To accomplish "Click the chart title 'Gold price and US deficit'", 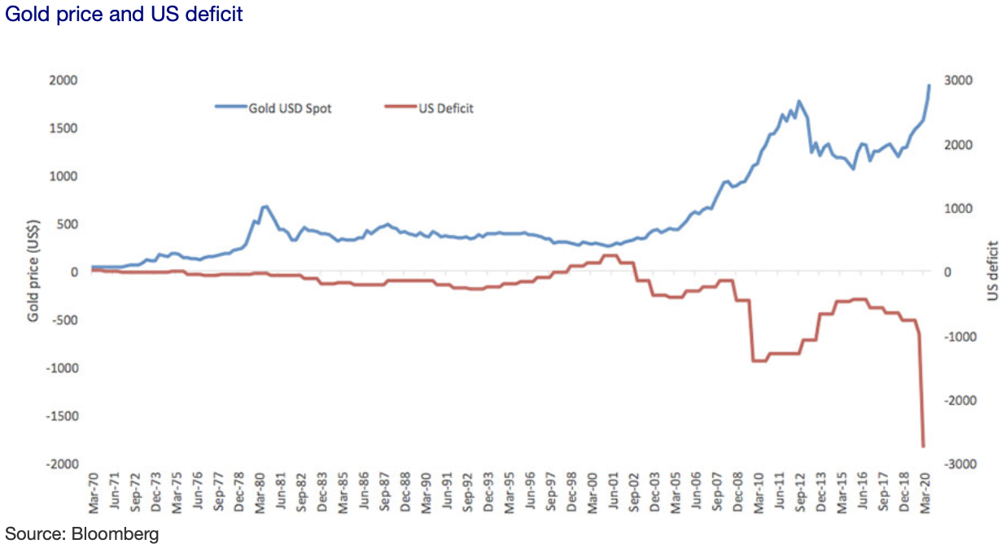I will click(124, 15).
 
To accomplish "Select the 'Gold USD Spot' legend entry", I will click(290, 107).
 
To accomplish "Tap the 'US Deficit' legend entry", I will click(446, 107).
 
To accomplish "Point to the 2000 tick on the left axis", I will click(63, 80).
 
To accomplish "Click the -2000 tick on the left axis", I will click(61, 463).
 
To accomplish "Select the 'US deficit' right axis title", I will click(991, 272).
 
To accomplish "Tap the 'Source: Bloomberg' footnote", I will click(82, 533).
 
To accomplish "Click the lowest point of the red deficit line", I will click(923, 446).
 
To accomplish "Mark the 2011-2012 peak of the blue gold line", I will click(799, 101).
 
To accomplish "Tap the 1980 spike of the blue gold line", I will click(265, 207).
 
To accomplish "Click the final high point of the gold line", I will click(929, 85).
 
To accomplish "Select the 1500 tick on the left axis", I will click(63, 128).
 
